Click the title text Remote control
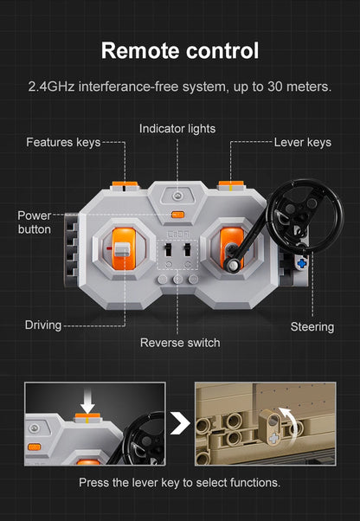(x=180, y=50)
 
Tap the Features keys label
(x=63, y=142)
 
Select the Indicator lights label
(x=177, y=129)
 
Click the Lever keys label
(x=303, y=142)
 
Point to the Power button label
(x=35, y=222)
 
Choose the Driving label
(x=43, y=325)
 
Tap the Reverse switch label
(x=180, y=343)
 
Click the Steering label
(x=312, y=326)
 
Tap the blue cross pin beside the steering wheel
(x=301, y=263)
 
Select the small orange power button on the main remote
(x=177, y=215)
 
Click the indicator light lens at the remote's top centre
(x=177, y=196)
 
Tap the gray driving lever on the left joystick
(x=122, y=249)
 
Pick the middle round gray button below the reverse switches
(x=177, y=279)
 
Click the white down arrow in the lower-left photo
(x=87, y=403)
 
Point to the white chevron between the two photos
(x=180, y=424)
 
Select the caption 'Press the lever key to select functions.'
(x=180, y=482)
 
